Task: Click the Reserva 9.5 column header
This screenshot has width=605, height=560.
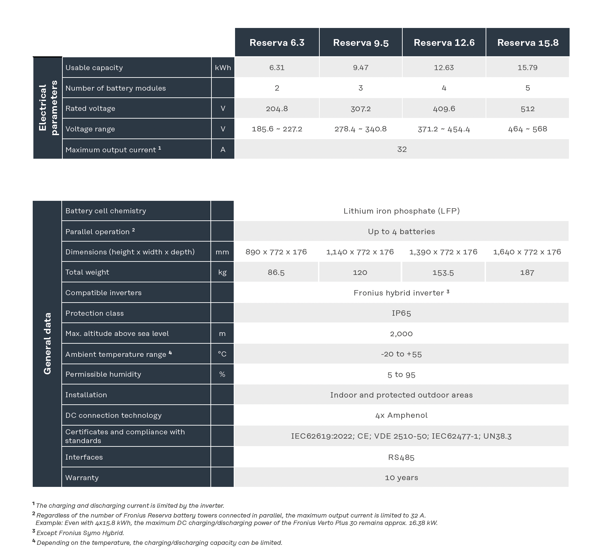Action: pyautogui.click(x=361, y=42)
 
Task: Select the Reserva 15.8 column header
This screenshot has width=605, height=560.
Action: pyautogui.click(x=527, y=42)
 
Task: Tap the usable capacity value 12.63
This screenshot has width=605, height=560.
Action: pyautogui.click(x=444, y=67)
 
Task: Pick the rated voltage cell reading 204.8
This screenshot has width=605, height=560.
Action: pyautogui.click(x=277, y=108)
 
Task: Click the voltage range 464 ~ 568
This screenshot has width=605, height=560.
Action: pyautogui.click(x=527, y=129)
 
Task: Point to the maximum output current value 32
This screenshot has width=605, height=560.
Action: pyautogui.click(x=402, y=149)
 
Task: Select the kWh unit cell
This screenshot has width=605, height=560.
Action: pyautogui.click(x=223, y=67)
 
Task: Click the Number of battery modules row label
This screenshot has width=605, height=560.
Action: pyautogui.click(x=116, y=88)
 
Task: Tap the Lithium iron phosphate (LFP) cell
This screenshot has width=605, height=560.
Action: pyautogui.click(x=401, y=211)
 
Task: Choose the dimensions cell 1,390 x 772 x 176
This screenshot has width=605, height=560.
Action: pyautogui.click(x=443, y=252)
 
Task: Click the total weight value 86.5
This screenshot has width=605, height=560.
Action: pyautogui.click(x=276, y=272)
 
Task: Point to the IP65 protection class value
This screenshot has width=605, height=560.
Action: pyautogui.click(x=401, y=313)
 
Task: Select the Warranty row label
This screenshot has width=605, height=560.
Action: pyautogui.click(x=82, y=477)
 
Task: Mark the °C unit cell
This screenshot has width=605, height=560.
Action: pyautogui.click(x=222, y=354)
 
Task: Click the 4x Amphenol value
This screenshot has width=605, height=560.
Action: pyautogui.click(x=401, y=415)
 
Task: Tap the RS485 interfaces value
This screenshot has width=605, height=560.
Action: pyautogui.click(x=401, y=457)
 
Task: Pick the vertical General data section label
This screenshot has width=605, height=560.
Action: pyautogui.click(x=47, y=344)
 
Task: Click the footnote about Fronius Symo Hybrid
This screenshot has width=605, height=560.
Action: pyautogui.click(x=80, y=533)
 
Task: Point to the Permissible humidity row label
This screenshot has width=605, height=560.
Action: pyautogui.click(x=103, y=374)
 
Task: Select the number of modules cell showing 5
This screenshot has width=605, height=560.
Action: pyautogui.click(x=527, y=88)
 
